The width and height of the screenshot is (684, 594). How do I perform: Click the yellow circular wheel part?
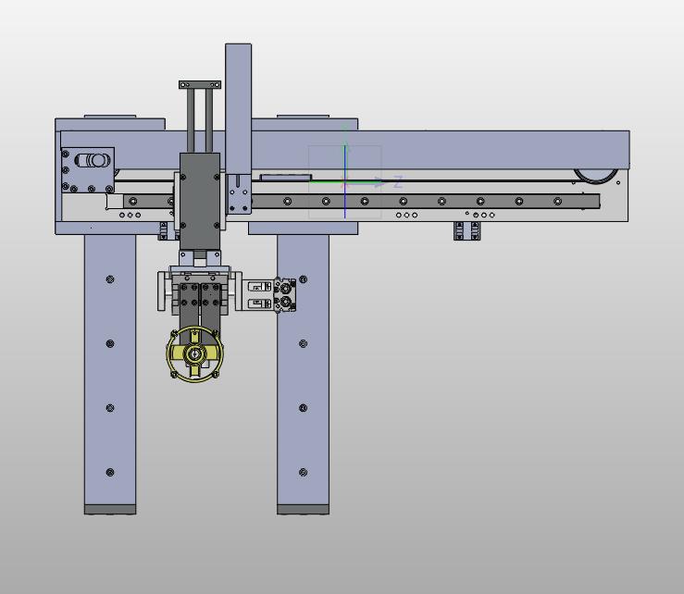point(195,353)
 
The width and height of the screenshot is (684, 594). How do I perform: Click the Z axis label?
point(397,182)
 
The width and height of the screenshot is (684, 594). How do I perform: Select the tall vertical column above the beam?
point(238,109)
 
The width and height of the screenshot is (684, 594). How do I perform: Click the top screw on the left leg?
point(110,279)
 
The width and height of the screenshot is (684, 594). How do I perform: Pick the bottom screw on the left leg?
point(110,472)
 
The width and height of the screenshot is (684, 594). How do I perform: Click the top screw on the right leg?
point(304,279)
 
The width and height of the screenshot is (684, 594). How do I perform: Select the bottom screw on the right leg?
point(304,472)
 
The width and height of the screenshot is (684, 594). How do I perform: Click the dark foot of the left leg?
point(110,510)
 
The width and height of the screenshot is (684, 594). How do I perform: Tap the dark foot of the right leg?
point(304,510)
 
